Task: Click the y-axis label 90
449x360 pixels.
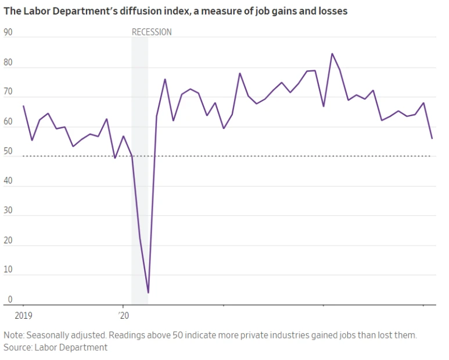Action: (8, 32)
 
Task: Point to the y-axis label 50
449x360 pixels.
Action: (8, 151)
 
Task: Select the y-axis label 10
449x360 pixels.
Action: (8, 270)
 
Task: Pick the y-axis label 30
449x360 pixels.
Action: (8, 210)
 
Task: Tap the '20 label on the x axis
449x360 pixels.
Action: (123, 316)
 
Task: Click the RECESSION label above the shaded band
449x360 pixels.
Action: (152, 32)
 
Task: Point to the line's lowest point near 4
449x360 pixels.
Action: (148, 293)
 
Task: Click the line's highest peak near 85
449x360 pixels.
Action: (332, 53)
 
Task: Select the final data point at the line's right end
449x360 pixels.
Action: (432, 138)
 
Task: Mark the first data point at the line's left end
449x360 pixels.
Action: (23, 106)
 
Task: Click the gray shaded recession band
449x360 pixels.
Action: (139, 174)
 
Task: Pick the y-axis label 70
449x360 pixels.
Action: (8, 92)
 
